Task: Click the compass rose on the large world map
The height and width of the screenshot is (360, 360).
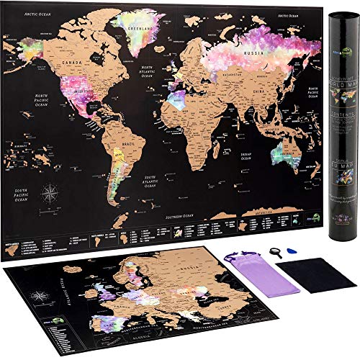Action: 50,192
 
